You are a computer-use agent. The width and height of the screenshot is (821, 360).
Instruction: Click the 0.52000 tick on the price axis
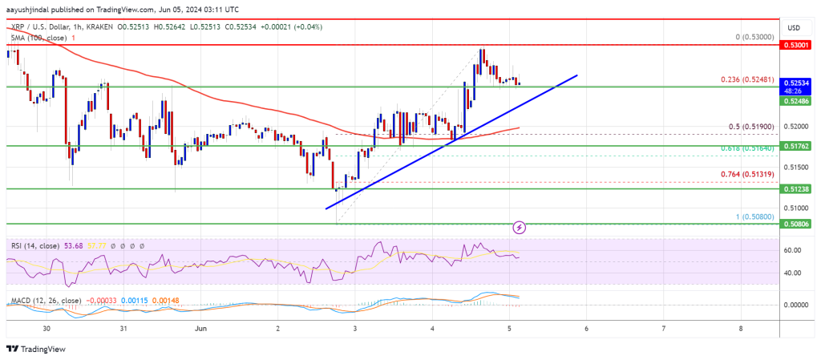point(797,126)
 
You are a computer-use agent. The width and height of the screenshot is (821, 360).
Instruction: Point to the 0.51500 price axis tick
point(797,167)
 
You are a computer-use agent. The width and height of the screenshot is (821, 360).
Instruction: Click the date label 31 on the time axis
point(123,329)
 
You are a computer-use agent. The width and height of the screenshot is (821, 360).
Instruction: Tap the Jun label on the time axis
point(200,329)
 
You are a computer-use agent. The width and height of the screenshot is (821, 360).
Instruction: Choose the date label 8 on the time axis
point(742,329)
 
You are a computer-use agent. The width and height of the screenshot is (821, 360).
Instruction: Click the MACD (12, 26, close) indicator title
point(46,301)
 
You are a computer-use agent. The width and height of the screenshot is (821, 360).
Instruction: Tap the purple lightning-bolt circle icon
point(520,227)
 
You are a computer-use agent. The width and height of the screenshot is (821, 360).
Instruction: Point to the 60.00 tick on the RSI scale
point(795,250)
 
